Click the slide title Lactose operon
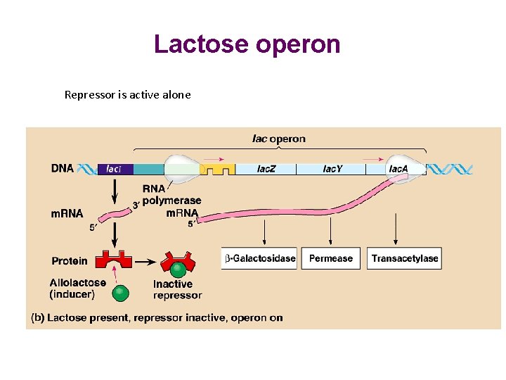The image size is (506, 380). (247, 44)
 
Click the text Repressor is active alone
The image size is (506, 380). (127, 94)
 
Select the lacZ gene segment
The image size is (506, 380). (266, 169)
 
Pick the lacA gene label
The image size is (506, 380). (398, 169)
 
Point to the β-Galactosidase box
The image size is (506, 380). (259, 258)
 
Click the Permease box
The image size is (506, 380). (330, 258)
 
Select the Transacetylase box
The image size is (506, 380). (405, 258)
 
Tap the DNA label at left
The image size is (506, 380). (62, 169)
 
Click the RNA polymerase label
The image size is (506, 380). (171, 195)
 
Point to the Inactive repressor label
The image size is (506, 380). (177, 289)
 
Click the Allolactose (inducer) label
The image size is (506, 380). (77, 288)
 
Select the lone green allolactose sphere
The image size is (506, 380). (122, 292)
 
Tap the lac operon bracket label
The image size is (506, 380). (279, 139)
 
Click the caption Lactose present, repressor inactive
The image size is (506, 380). (157, 317)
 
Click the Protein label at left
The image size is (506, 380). (70, 261)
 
